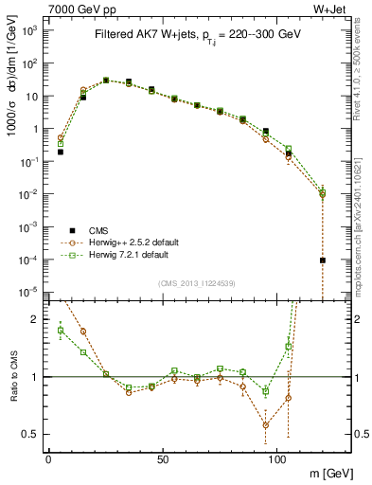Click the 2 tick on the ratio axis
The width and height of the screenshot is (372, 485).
point(35,320)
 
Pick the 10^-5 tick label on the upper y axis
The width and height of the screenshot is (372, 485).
point(28,292)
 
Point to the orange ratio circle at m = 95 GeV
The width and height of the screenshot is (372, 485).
point(266,425)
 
